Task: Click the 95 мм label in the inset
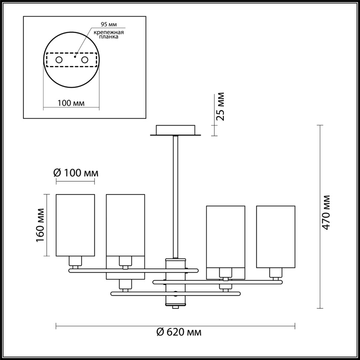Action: [x=109, y=24]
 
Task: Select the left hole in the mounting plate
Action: [x=59, y=60]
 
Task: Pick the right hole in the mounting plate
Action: [x=85, y=60]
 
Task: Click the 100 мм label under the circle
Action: [x=71, y=103]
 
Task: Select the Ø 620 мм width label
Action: [x=179, y=332]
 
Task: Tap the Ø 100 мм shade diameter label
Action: [x=76, y=173]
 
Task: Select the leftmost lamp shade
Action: [x=75, y=225]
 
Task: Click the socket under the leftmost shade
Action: [x=75, y=262]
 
